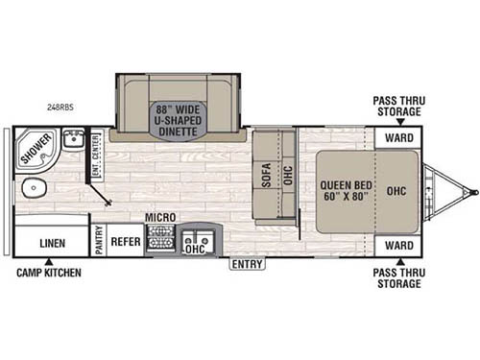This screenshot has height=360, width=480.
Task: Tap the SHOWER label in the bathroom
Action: click(x=36, y=150)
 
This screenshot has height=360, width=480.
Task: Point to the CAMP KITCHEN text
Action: click(x=48, y=273)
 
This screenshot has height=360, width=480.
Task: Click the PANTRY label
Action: click(x=98, y=240)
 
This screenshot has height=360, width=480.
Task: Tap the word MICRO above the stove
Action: click(x=159, y=218)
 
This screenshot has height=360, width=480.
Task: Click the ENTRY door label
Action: click(x=247, y=264)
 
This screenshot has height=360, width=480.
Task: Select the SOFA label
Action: click(x=267, y=176)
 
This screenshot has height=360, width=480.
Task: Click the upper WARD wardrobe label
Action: click(x=398, y=138)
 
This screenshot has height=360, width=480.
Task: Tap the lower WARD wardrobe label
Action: click(x=398, y=245)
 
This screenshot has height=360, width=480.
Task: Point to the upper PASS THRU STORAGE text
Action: click(x=398, y=106)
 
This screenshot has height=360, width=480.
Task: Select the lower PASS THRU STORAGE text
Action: click(x=398, y=277)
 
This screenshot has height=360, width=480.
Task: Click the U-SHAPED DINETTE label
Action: click(x=176, y=120)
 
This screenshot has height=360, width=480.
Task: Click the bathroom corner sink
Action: click(x=72, y=141)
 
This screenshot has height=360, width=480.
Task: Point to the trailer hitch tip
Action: click(x=473, y=192)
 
